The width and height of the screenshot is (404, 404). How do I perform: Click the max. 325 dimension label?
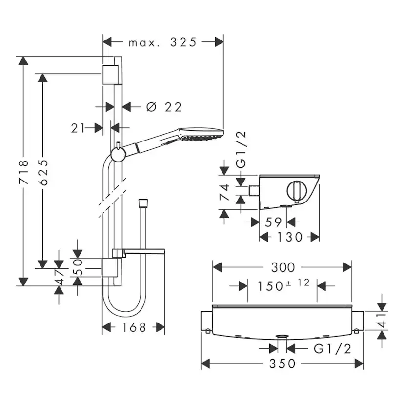[162, 42]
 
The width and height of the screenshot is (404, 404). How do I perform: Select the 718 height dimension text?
[23, 172]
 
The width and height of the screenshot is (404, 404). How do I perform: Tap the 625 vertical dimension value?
[43, 172]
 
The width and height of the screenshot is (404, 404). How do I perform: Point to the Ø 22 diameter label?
[164, 107]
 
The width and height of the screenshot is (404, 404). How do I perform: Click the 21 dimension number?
[78, 128]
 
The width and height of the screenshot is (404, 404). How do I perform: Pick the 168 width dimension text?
[134, 327]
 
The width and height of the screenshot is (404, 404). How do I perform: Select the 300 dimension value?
[283, 267]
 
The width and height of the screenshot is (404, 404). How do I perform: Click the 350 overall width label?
[282, 364]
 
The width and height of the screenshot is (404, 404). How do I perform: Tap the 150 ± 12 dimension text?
[283, 285]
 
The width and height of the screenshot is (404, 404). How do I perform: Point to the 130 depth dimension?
[289, 237]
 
